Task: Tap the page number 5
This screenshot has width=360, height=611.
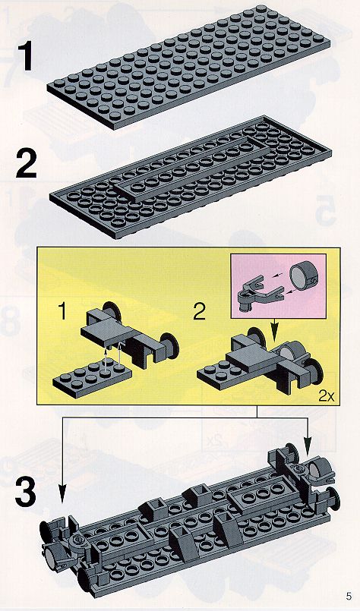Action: tap(349, 596)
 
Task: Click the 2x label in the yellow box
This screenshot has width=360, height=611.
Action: tap(327, 396)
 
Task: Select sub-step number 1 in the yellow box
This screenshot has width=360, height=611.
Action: tap(63, 311)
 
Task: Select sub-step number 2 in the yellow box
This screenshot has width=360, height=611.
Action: tap(199, 311)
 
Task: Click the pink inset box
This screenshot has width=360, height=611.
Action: tap(278, 285)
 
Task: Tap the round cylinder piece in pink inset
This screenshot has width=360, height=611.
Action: tap(305, 276)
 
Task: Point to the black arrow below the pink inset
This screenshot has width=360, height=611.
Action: tap(276, 330)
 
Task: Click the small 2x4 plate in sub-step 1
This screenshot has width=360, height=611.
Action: tap(92, 376)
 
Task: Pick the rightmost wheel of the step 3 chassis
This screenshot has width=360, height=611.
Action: tap(333, 499)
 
